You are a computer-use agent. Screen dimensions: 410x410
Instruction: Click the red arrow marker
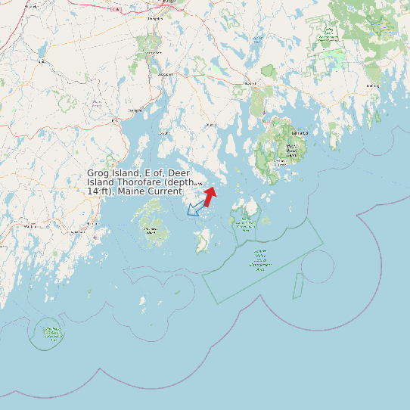pyautogui.click(x=210, y=196)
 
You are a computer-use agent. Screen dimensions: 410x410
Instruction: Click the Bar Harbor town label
pyautogui.click(x=300, y=133)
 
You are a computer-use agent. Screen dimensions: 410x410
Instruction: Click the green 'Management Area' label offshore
pyautogui.click(x=260, y=261)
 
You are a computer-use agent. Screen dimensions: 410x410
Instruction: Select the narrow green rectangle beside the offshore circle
pyautogui.click(x=298, y=285)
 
